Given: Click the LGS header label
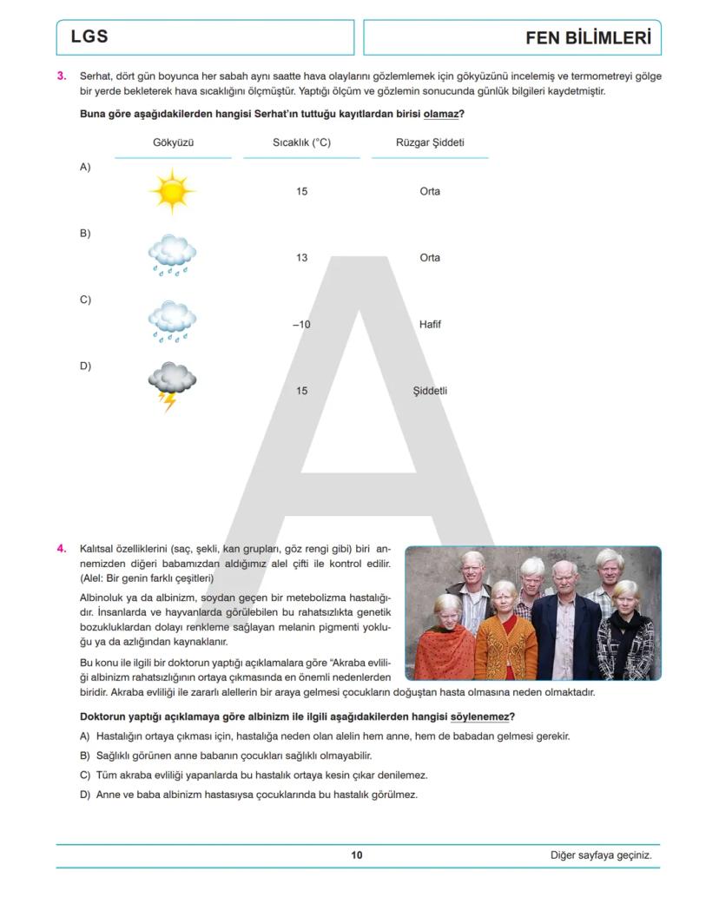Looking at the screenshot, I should [x=89, y=37].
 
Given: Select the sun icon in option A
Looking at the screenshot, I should [x=172, y=191].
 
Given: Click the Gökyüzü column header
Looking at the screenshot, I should [x=173, y=142].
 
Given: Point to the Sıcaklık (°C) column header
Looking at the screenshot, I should [x=301, y=142].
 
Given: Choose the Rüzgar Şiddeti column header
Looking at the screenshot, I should [x=430, y=142].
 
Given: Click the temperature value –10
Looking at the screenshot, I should [x=301, y=325].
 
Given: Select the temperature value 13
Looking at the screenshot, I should [x=301, y=258].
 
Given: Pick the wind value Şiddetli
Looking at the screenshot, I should [x=430, y=391].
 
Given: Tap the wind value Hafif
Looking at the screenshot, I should [x=430, y=325].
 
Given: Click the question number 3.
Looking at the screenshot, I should [x=62, y=76].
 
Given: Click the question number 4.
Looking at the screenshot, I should [x=62, y=549].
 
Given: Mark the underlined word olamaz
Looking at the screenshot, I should [x=440, y=113].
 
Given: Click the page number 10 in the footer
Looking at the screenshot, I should [x=357, y=855].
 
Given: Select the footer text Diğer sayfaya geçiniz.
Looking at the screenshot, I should [x=601, y=855].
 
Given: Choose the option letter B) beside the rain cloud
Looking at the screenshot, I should [x=85, y=234].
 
